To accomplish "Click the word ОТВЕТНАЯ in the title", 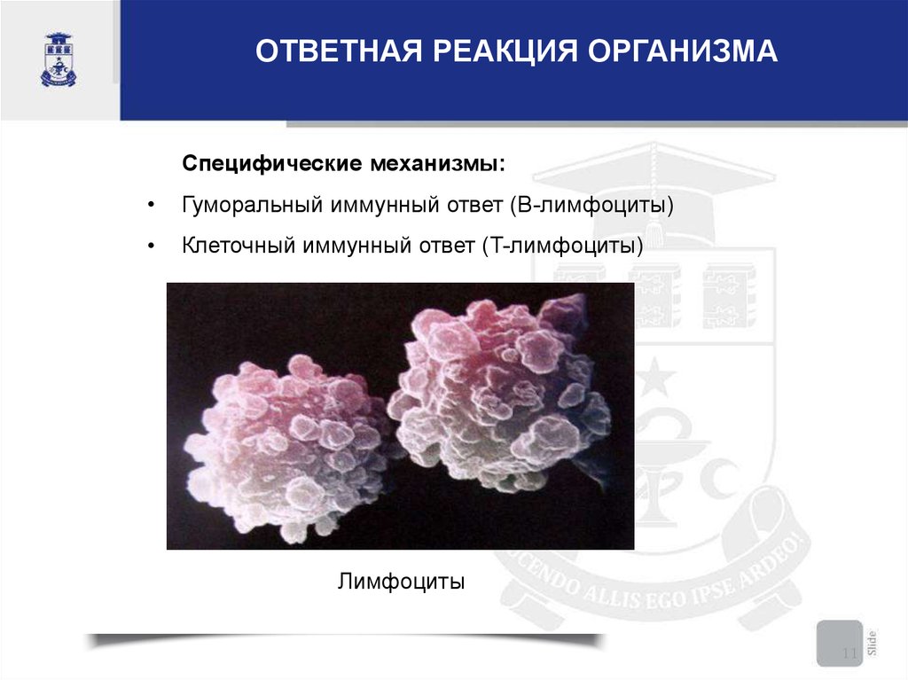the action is tap(339, 51).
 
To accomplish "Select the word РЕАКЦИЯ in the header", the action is tap(505, 51).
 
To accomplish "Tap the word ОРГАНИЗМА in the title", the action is tap(682, 51).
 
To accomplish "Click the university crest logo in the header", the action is tap(59, 59).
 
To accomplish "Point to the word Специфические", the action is tap(271, 164).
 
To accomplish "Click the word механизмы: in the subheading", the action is tap(438, 163).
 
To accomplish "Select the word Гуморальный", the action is tap(252, 205).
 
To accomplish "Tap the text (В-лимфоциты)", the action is tap(591, 205).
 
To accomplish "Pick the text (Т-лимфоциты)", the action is tap(562, 246).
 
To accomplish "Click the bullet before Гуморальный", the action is tap(151, 206).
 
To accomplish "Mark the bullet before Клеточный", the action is tap(151, 246).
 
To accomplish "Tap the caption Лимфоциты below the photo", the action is tap(402, 581).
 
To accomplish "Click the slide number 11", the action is tap(849, 653).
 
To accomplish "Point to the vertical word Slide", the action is tap(873, 643).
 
